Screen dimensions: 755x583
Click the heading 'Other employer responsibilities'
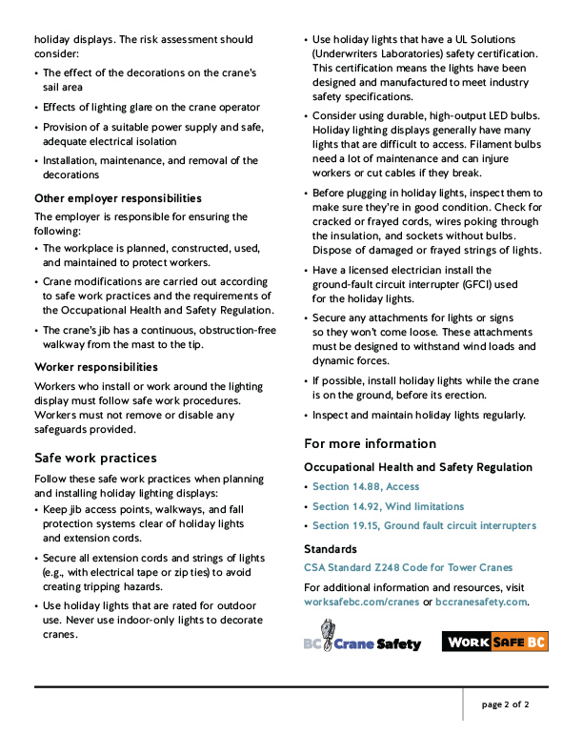pos(118,198)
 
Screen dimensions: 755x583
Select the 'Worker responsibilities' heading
pos(96,367)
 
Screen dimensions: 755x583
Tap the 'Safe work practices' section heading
pos(95,458)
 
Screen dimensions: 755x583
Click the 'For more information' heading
pos(370,443)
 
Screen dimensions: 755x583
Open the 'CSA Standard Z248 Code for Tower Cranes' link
pos(408,567)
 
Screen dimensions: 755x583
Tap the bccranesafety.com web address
pos(481,602)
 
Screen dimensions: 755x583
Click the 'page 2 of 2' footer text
pos(505,705)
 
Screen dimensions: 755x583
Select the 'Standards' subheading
pos(329,549)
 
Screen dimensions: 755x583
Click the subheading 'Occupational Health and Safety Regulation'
pos(418,467)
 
